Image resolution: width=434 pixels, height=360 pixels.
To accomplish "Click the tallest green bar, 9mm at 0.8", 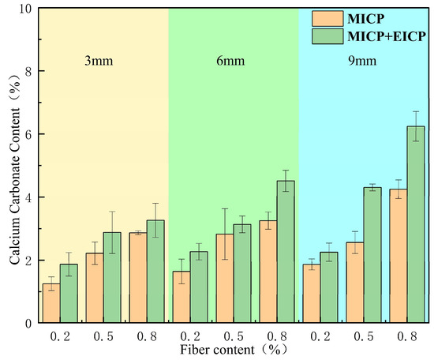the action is coord(416,224).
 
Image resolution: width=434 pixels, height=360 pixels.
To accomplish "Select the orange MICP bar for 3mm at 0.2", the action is coord(51,303).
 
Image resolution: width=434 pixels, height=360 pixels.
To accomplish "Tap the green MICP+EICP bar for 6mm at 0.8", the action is coord(286,252).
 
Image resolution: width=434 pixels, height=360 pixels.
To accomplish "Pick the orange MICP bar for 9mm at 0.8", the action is coord(398,256).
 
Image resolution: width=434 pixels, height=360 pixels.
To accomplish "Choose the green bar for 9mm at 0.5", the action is coord(372,255).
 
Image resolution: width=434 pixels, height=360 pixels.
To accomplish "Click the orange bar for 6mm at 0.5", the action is coord(225,279).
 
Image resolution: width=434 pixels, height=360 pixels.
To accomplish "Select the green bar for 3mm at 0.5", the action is coord(112,277).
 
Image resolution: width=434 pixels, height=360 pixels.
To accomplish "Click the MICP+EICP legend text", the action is coord(387,36).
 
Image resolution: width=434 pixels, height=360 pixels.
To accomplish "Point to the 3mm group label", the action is coord(99,61).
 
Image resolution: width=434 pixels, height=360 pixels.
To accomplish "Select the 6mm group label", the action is coord(230,61).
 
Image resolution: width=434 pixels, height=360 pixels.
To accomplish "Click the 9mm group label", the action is coord(362,61).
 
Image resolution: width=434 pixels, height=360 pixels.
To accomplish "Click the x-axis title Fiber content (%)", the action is coord(234,350).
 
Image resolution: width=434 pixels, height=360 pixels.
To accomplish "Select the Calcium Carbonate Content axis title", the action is coord(15,171).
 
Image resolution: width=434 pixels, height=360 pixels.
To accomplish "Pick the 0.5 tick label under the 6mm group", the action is coord(234,337).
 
